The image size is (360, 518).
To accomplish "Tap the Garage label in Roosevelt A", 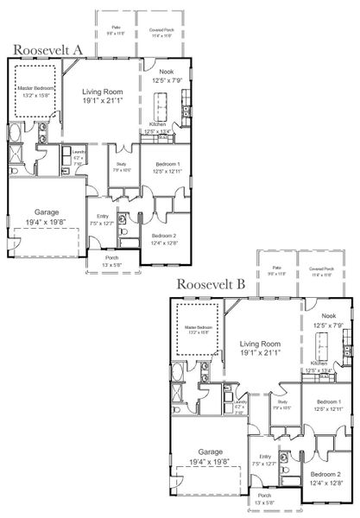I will click(47, 212).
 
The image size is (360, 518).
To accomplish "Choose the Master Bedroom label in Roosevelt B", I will click(198, 328).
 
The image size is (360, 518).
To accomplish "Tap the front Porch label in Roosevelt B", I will click(263, 496).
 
